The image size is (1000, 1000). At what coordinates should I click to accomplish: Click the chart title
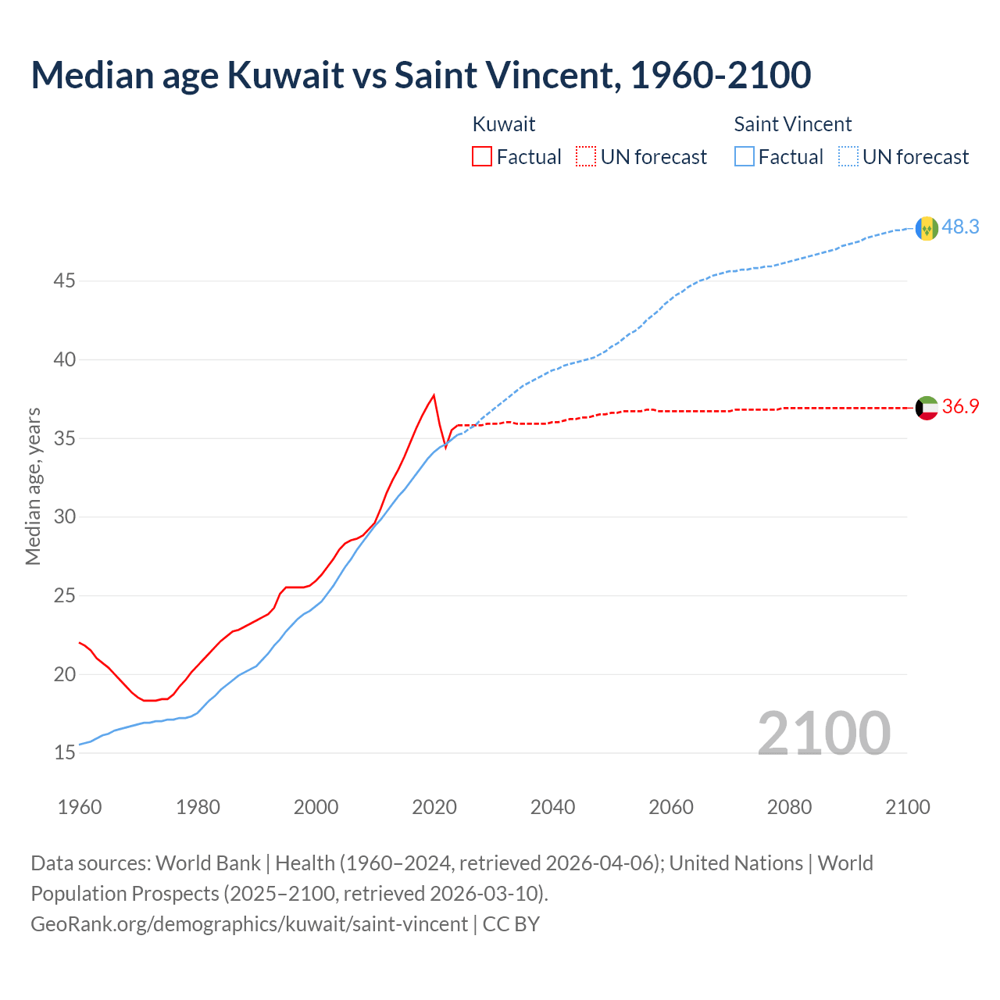click(x=421, y=75)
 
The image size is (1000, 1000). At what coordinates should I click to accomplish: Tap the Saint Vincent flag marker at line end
click(x=927, y=228)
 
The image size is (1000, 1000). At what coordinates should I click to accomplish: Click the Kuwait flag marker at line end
click(x=927, y=408)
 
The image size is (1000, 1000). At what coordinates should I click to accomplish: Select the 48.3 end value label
click(x=960, y=227)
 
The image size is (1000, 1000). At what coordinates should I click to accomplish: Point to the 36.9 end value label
click(x=960, y=406)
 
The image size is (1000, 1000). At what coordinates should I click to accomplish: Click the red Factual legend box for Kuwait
click(x=482, y=157)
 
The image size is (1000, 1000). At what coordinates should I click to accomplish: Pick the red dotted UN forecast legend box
click(x=586, y=157)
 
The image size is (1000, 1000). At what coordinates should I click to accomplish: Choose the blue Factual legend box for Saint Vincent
click(x=745, y=157)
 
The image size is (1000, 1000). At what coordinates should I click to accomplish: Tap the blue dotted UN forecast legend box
click(x=848, y=157)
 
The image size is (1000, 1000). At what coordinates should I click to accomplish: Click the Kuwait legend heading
click(x=504, y=124)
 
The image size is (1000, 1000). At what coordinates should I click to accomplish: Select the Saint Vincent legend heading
click(x=792, y=124)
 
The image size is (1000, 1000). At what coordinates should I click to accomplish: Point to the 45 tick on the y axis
click(x=64, y=280)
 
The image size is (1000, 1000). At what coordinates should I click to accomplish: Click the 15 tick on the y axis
click(x=64, y=753)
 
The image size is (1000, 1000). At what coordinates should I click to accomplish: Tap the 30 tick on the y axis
click(x=64, y=517)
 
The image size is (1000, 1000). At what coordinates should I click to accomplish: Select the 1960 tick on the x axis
click(x=80, y=807)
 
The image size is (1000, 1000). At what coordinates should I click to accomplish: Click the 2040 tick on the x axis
click(x=552, y=807)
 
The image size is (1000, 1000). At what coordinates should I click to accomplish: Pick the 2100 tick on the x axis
click(x=907, y=807)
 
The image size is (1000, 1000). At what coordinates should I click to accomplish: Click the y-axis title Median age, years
click(x=33, y=486)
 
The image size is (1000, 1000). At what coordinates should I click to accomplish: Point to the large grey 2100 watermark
click(x=823, y=733)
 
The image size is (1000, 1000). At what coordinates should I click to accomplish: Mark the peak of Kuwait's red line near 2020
click(x=434, y=395)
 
